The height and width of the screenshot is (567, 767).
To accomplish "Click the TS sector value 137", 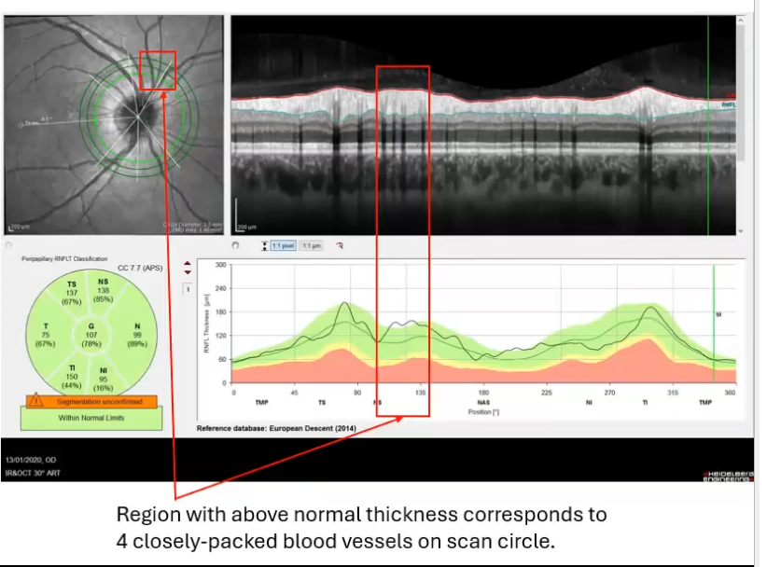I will [x=71, y=292].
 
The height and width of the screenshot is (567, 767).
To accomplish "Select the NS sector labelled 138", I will [x=103, y=291].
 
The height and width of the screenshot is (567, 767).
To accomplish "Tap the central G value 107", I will [x=91, y=335].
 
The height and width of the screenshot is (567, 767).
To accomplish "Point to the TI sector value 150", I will [x=71, y=377].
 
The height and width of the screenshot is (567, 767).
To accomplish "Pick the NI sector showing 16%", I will [x=104, y=386].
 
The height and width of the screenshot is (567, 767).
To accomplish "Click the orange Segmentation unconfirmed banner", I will [x=91, y=401].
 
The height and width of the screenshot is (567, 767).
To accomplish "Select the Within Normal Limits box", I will [x=91, y=418].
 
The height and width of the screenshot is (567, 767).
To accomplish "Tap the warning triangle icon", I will [x=35, y=401].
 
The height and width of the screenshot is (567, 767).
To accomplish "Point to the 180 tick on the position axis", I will [x=483, y=394].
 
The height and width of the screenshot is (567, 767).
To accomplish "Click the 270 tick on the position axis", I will [x=609, y=394].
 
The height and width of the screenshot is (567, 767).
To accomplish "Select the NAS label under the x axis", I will [x=483, y=403].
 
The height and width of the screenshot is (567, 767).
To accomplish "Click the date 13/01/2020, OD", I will [x=34, y=461].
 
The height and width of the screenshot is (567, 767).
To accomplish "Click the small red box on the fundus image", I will [x=157, y=70].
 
